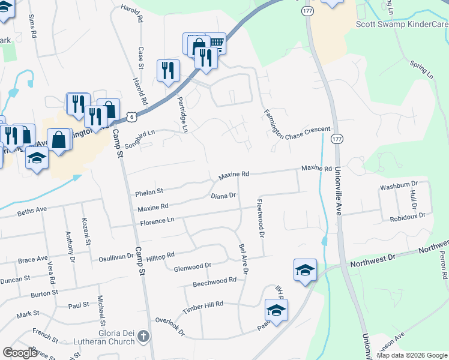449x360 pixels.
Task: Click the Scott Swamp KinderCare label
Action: coord(402,24)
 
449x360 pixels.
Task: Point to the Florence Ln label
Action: coord(157,221)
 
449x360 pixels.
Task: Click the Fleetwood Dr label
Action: coord(260,218)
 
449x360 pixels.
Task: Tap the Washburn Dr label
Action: coord(399,184)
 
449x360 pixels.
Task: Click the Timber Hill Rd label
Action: coord(203,305)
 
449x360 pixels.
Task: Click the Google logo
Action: coord(20,353)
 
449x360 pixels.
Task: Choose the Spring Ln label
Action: coord(421,71)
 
